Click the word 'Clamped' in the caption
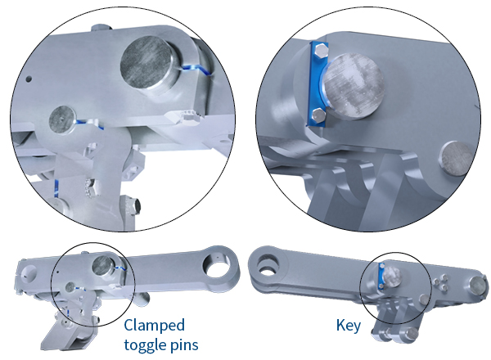coord(155,325)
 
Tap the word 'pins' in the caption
coord(183,344)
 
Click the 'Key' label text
coord(348,325)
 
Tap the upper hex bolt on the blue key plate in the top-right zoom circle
coord(320,54)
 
